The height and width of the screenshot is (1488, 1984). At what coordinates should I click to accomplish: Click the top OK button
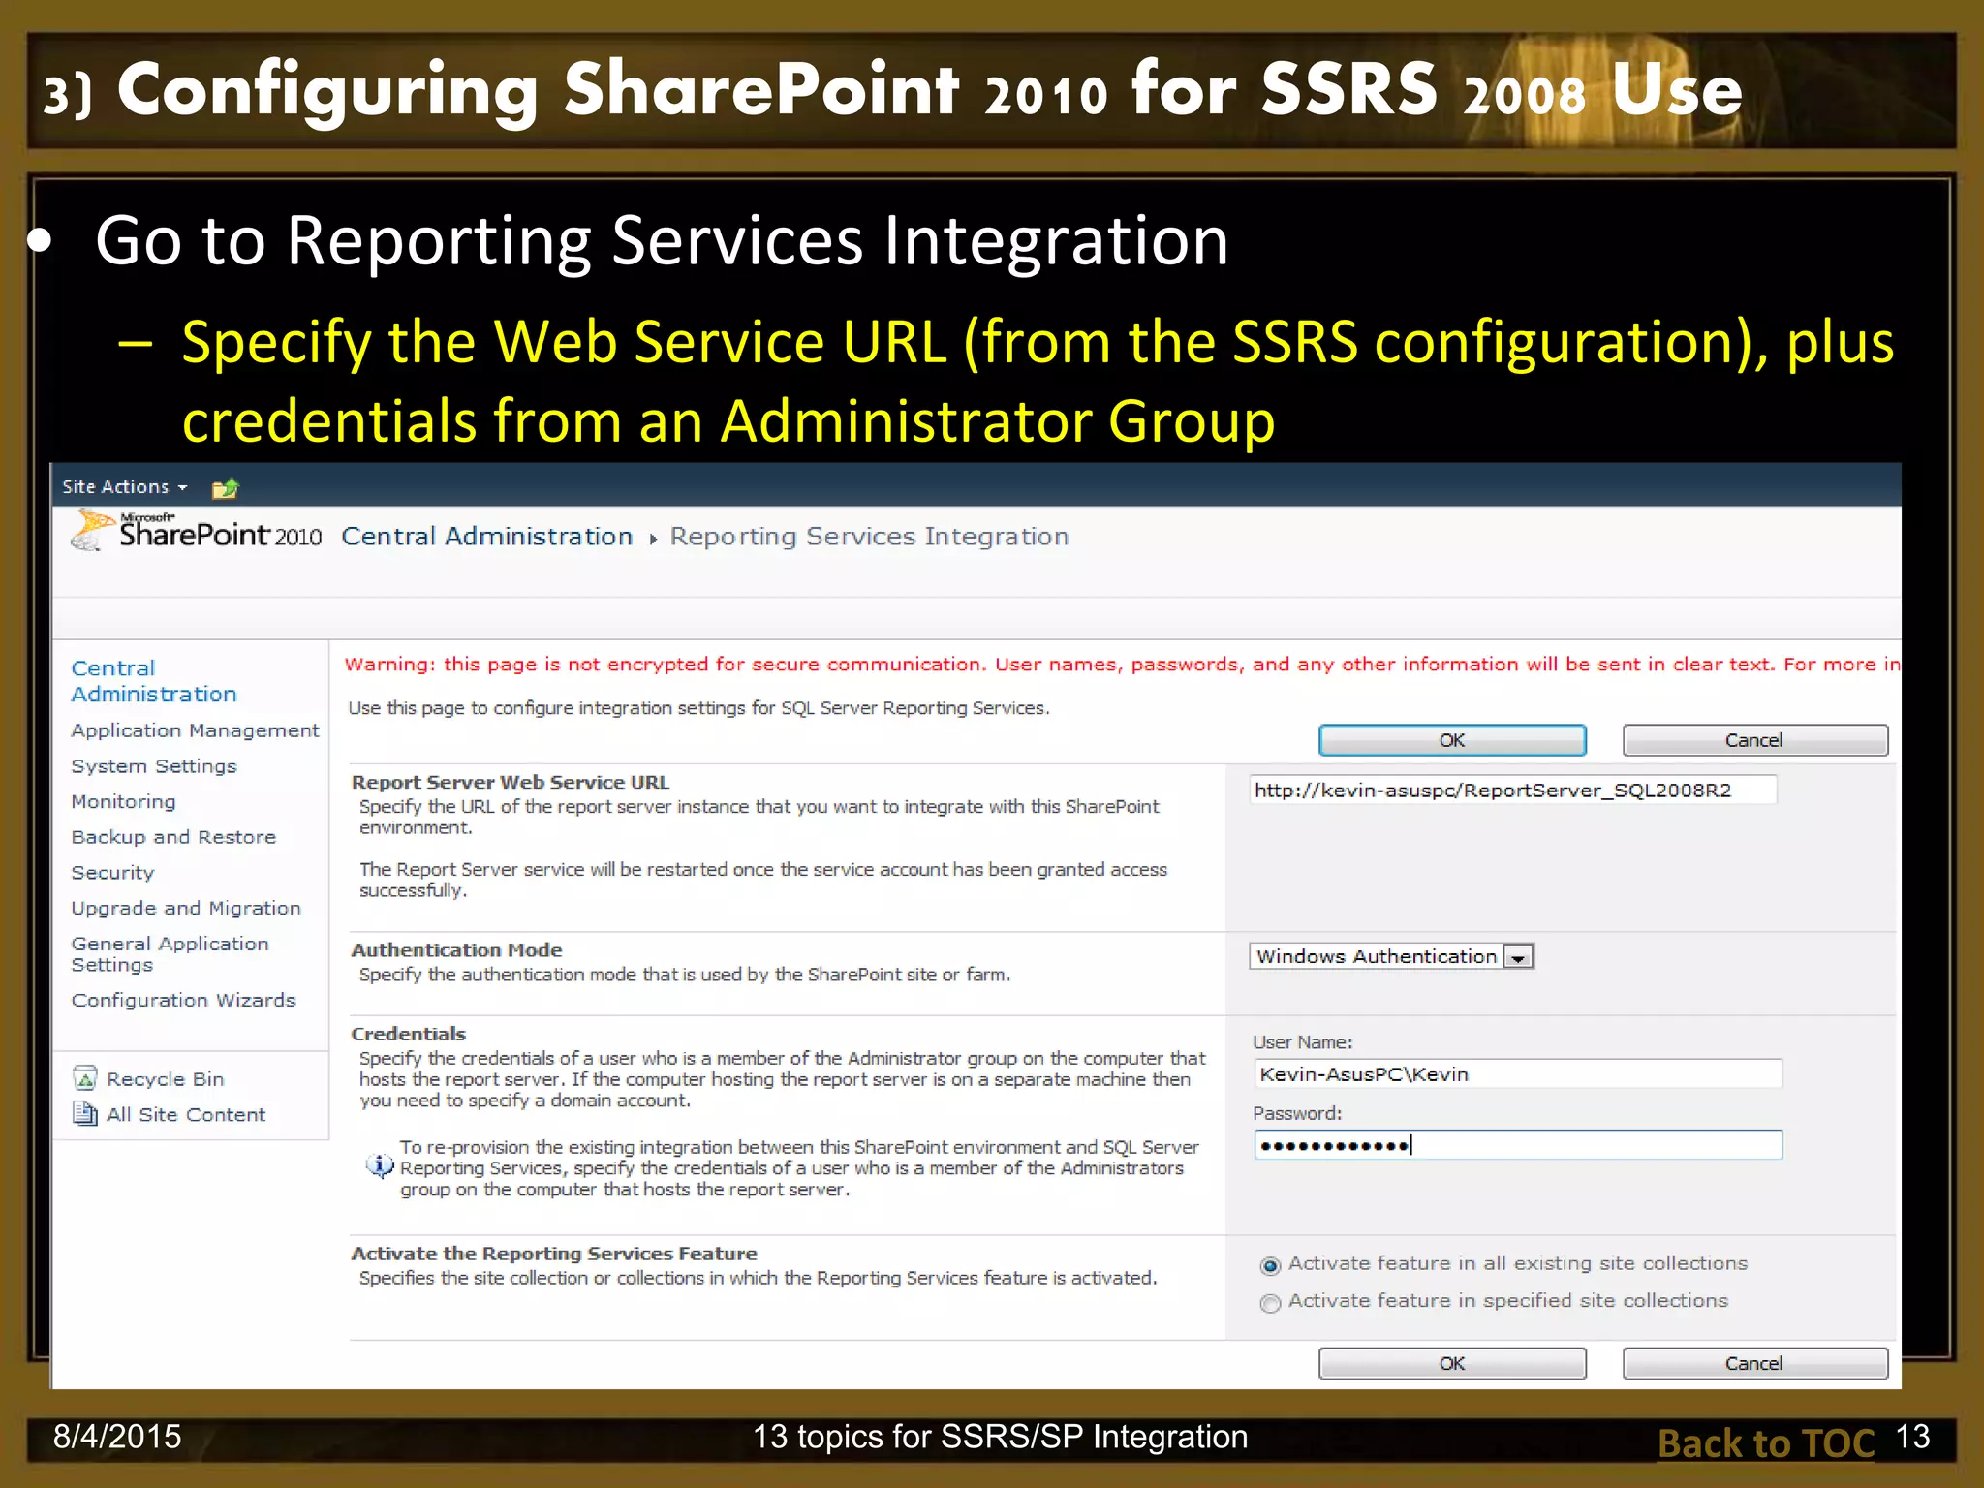tap(1451, 740)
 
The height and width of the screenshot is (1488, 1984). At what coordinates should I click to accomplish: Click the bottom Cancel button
tap(1754, 1363)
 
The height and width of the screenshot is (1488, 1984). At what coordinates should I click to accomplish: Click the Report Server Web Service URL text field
tap(1512, 790)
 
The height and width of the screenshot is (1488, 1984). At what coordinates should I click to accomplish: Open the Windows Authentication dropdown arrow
tap(1519, 957)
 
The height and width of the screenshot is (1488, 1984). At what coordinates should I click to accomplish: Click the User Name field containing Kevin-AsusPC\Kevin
tap(1517, 1074)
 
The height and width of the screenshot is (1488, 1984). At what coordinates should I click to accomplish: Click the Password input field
tap(1517, 1146)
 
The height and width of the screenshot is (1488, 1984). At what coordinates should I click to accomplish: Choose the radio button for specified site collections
tap(1270, 1303)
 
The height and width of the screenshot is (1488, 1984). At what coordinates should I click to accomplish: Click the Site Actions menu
tap(124, 487)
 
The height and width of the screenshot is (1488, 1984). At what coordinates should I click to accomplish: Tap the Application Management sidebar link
tap(195, 730)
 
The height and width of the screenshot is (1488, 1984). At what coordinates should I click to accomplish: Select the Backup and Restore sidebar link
tap(173, 837)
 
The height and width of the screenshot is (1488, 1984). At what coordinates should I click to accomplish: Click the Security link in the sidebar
tap(112, 873)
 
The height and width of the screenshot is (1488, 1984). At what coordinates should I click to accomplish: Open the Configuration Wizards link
tap(183, 1000)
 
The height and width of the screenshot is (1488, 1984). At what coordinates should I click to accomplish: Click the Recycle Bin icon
tap(85, 1078)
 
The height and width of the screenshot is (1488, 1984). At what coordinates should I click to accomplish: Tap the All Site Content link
tap(185, 1115)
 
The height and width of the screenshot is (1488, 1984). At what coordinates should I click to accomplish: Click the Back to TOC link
tap(1765, 1443)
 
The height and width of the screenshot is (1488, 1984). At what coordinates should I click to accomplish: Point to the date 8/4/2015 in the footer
tap(117, 1437)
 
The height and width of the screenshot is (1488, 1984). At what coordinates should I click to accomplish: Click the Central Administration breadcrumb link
tap(486, 537)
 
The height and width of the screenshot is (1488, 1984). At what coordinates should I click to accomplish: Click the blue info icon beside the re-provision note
tap(380, 1166)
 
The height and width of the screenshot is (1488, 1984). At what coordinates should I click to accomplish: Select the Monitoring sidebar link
tap(123, 802)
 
